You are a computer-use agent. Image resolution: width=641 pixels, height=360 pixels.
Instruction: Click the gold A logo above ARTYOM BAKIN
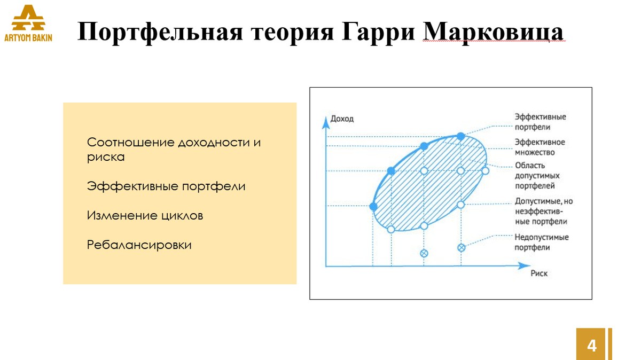28,19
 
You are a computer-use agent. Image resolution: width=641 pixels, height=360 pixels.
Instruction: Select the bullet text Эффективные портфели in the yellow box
166,186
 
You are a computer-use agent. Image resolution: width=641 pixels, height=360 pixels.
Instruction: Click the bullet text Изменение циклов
145,216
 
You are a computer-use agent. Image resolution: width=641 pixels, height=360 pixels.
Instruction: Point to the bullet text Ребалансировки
139,245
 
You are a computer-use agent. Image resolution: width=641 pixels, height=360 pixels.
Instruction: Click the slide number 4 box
591,345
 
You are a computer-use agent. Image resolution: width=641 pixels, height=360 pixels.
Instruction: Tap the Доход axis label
342,119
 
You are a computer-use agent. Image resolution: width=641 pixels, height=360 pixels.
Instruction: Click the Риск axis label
539,273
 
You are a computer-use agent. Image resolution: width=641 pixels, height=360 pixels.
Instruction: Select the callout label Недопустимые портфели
541,242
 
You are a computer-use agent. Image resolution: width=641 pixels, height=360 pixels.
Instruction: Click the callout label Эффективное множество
540,147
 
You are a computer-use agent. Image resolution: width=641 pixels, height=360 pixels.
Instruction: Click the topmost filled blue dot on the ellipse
461,137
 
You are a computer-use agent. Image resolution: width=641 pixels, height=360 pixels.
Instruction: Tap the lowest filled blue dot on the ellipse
373,206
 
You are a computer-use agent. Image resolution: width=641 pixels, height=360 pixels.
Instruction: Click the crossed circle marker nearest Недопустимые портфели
462,247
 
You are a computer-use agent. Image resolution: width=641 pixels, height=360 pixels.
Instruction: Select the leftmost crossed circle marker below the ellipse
424,253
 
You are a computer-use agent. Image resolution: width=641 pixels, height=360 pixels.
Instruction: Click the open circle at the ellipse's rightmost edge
486,171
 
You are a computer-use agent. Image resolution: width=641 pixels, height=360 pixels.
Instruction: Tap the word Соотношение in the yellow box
130,143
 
